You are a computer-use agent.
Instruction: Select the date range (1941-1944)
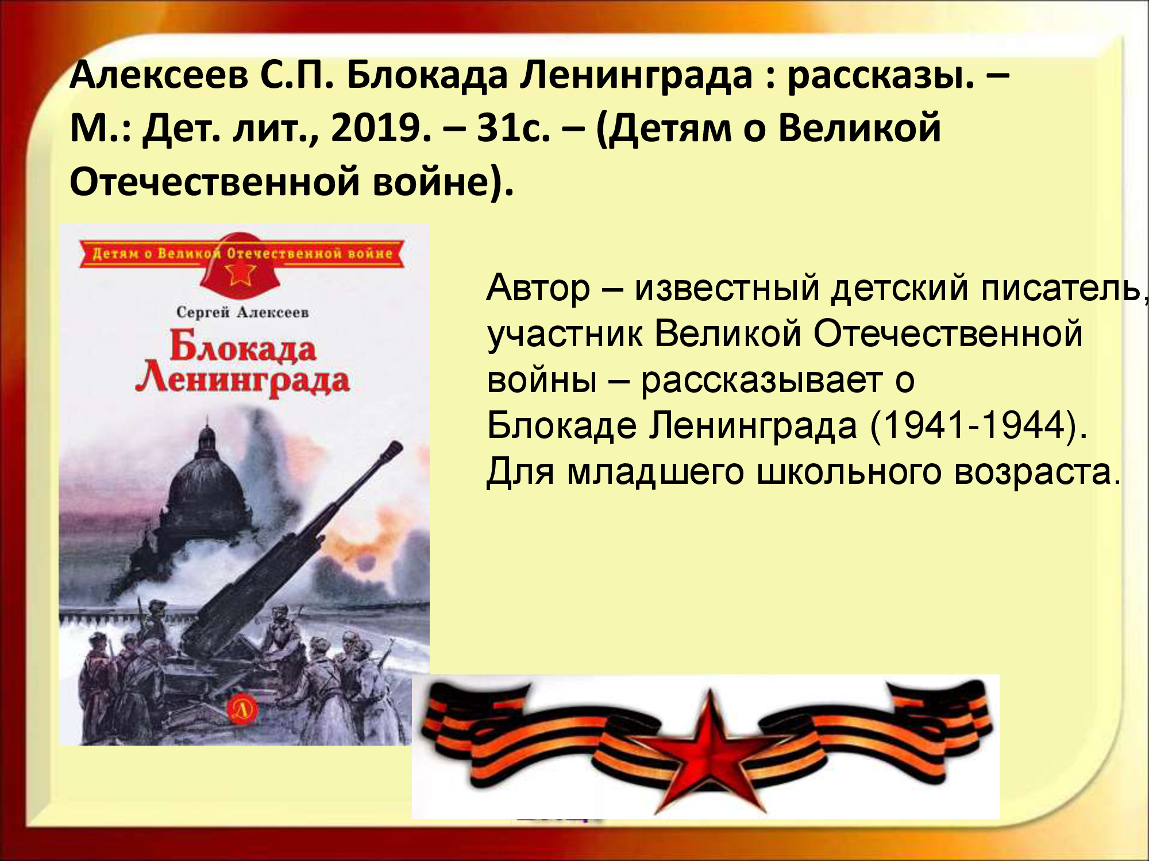click(x=979, y=425)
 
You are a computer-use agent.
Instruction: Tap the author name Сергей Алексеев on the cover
click(x=242, y=312)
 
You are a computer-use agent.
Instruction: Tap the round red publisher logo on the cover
click(x=241, y=710)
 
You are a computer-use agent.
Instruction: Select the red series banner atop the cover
click(x=241, y=253)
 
